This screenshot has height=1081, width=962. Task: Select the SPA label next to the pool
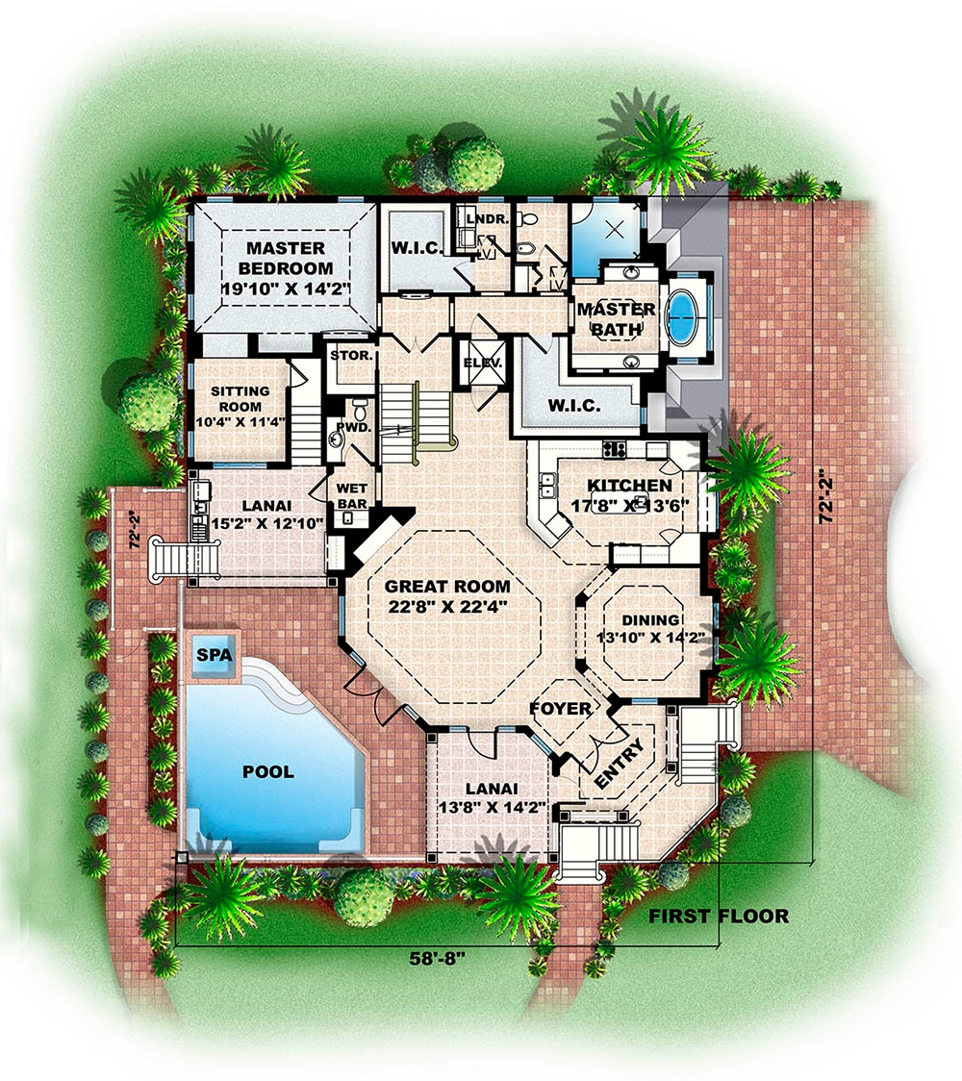[209, 655]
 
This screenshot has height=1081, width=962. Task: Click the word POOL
[268, 771]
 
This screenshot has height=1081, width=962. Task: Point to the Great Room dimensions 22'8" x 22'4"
[447, 605]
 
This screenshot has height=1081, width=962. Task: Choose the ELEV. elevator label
[482, 364]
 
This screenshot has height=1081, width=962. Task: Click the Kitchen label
[630, 486]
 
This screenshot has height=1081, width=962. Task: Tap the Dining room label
[650, 620]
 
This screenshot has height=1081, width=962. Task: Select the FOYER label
[560, 709]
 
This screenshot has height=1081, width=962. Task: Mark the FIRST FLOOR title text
[718, 916]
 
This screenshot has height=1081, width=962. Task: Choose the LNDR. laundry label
[480, 219]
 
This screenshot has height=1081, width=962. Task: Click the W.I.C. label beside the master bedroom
[418, 247]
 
